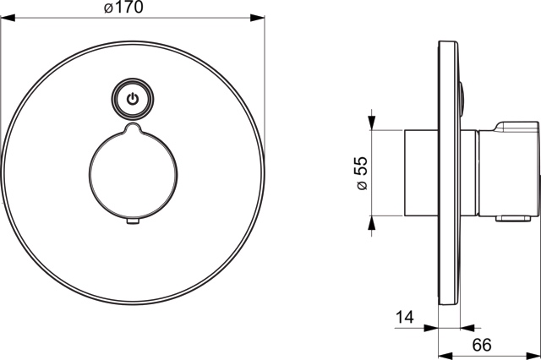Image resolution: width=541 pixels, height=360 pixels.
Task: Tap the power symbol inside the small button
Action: coord(132,99)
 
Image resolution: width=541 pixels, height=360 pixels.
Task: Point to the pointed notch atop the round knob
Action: coord(132,128)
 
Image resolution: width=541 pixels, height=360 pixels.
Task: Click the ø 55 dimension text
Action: coord(363,172)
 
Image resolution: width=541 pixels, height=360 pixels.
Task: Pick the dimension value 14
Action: coord(407,319)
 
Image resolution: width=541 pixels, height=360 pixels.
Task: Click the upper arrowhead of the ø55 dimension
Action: coord(372,122)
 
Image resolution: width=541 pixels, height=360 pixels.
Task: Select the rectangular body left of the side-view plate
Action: coord(420,173)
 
